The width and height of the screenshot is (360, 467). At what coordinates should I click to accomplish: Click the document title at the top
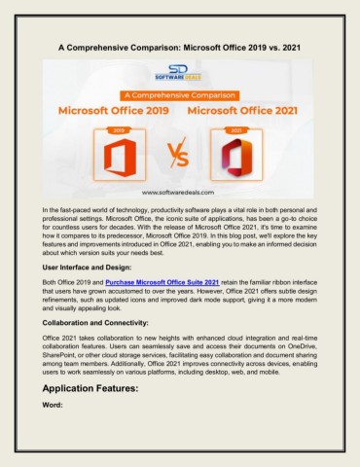pos(180,45)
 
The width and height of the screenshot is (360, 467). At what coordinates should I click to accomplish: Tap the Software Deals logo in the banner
pos(180,75)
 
